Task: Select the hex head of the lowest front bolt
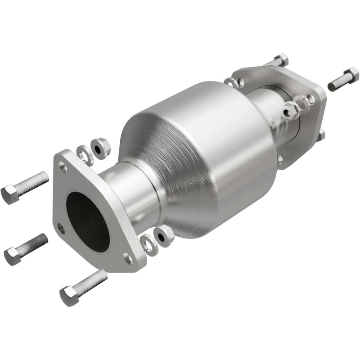69,296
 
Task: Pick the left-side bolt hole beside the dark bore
61,228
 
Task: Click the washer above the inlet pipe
84,154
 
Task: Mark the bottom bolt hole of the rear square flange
281,158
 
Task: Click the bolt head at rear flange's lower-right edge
321,135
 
